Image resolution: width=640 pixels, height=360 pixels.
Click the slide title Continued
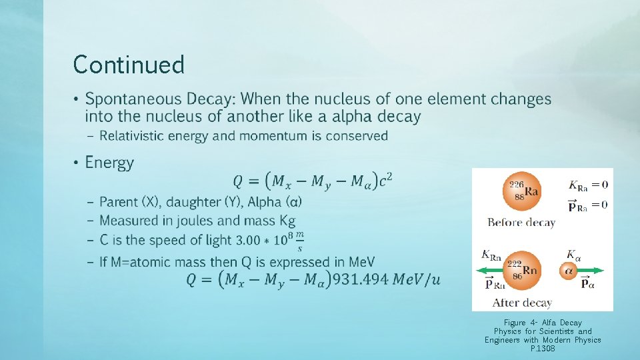(129, 65)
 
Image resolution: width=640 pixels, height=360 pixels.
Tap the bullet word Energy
(109, 163)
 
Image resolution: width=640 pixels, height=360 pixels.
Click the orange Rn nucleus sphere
(521, 270)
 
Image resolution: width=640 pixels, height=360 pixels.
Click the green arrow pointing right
(590, 271)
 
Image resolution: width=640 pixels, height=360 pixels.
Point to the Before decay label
(521, 223)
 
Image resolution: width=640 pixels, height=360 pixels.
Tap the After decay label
(522, 303)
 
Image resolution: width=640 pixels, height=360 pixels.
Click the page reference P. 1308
(543, 349)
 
